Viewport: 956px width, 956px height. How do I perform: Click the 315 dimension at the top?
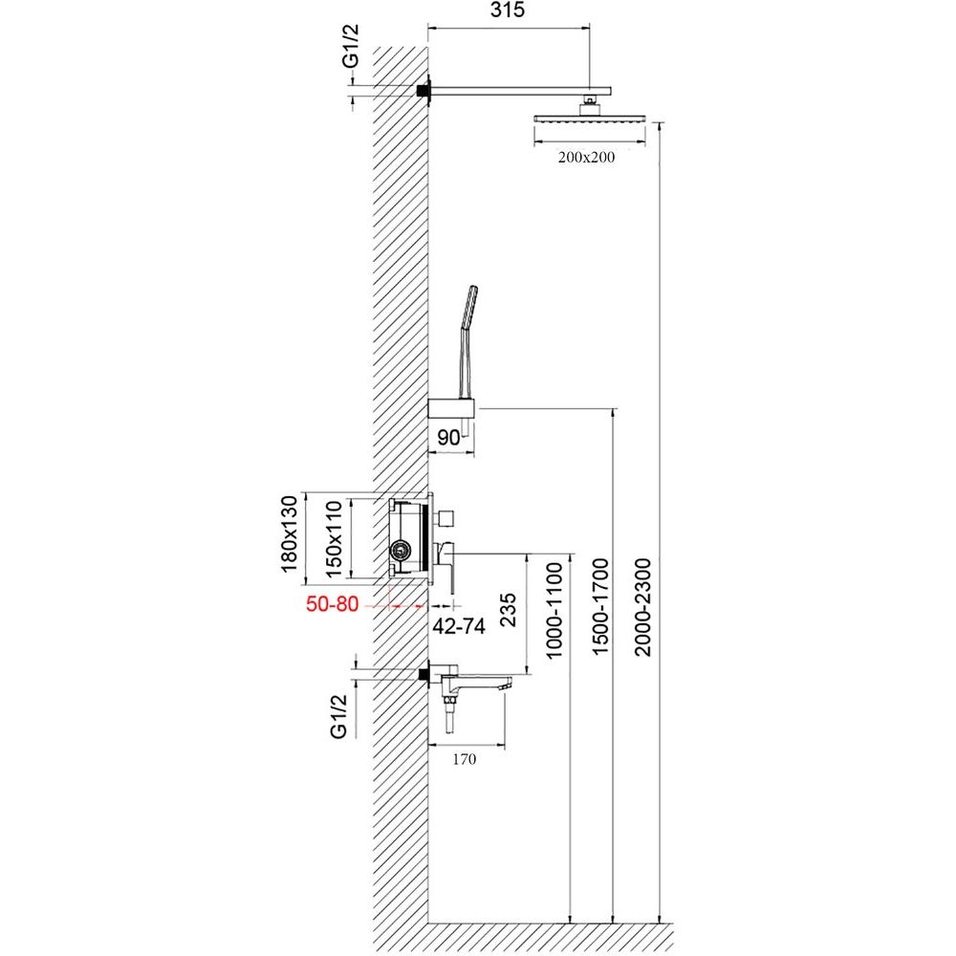[x=508, y=11]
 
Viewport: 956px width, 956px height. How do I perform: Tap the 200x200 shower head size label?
[x=586, y=158]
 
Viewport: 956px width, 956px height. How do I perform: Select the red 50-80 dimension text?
[x=333, y=604]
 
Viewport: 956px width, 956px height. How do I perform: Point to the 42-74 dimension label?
[x=459, y=625]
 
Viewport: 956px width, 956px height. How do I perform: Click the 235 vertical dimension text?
[x=508, y=610]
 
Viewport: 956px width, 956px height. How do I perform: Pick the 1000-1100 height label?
[x=554, y=611]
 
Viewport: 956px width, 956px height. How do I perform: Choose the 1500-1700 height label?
[x=600, y=607]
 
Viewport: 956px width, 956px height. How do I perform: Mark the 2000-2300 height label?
[x=642, y=607]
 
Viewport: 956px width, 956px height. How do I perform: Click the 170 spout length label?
[x=464, y=759]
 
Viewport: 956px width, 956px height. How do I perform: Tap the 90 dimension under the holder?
[x=448, y=437]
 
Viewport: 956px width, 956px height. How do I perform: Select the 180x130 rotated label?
[x=289, y=534]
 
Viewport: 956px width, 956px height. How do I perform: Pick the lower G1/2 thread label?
[x=339, y=717]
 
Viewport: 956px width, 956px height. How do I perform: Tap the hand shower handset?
[x=467, y=341]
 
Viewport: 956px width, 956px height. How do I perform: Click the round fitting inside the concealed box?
[x=401, y=552]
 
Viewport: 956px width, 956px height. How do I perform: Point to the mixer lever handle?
[x=446, y=567]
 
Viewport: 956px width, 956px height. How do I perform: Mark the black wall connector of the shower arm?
[x=422, y=90]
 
